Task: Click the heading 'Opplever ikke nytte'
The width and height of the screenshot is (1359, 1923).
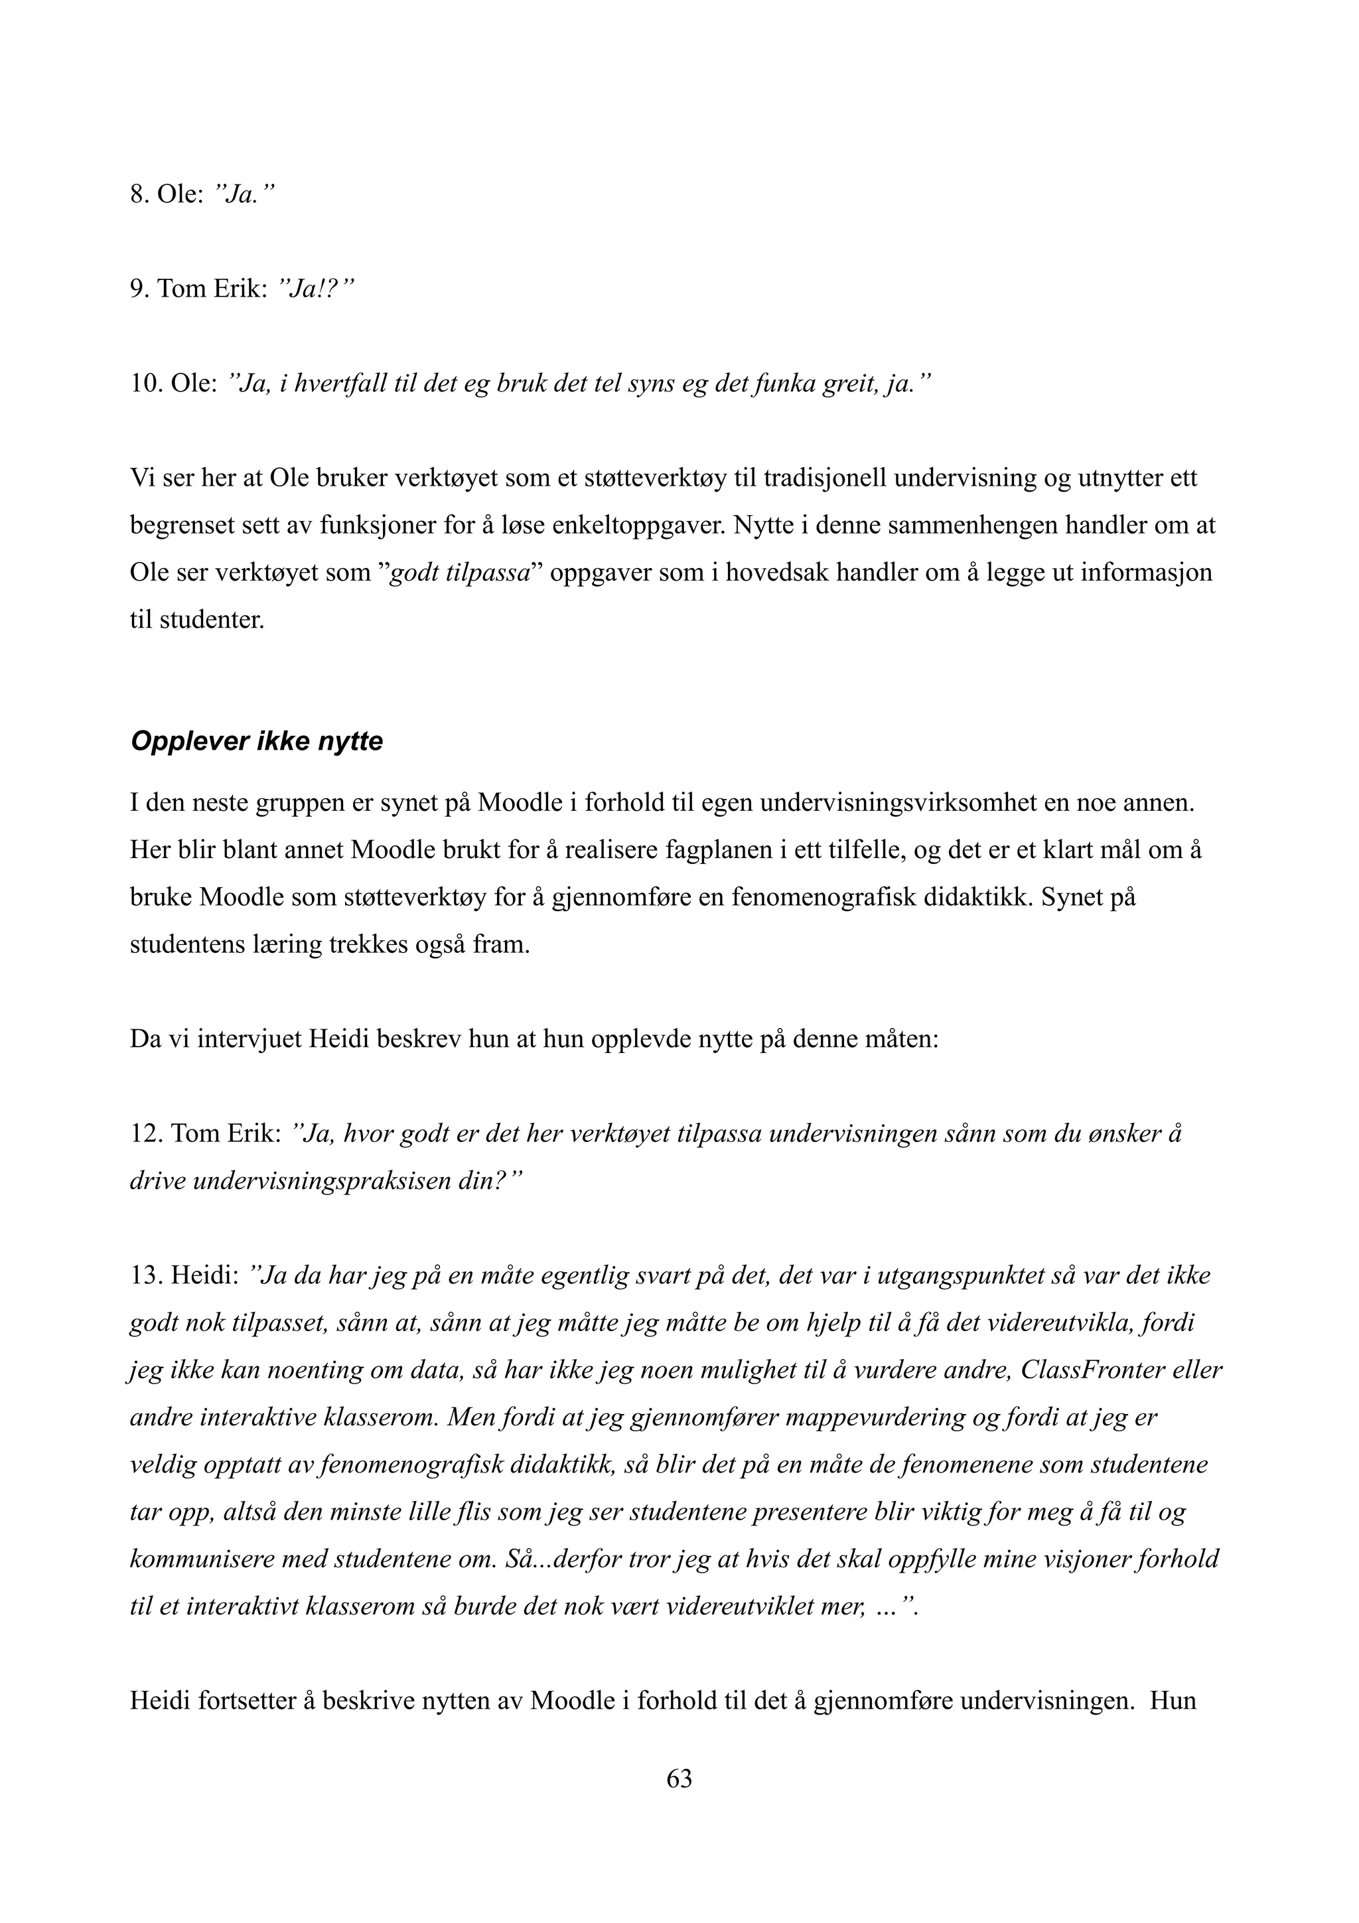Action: pos(256,742)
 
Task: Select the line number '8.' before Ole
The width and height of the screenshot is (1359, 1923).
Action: pos(140,195)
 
